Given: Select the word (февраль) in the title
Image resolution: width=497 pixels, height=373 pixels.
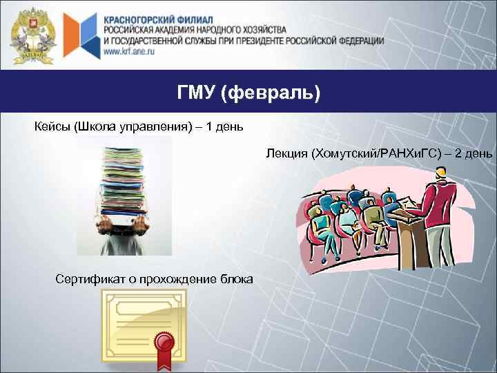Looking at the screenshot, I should [271, 93].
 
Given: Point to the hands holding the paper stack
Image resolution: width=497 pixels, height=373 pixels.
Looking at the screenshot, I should [124, 222].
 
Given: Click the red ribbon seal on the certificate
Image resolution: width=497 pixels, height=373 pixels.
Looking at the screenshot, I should [164, 343].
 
